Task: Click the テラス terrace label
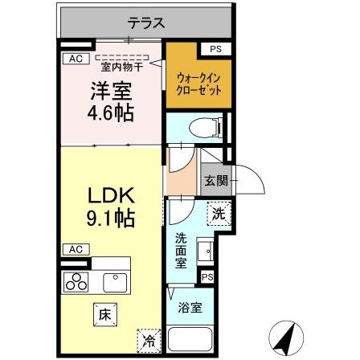(145, 23)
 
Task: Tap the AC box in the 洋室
(76, 58)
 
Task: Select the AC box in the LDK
(76, 249)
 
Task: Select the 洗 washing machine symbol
(218, 214)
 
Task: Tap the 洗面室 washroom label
(182, 251)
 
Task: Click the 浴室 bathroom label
(189, 306)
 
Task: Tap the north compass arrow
(282, 335)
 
